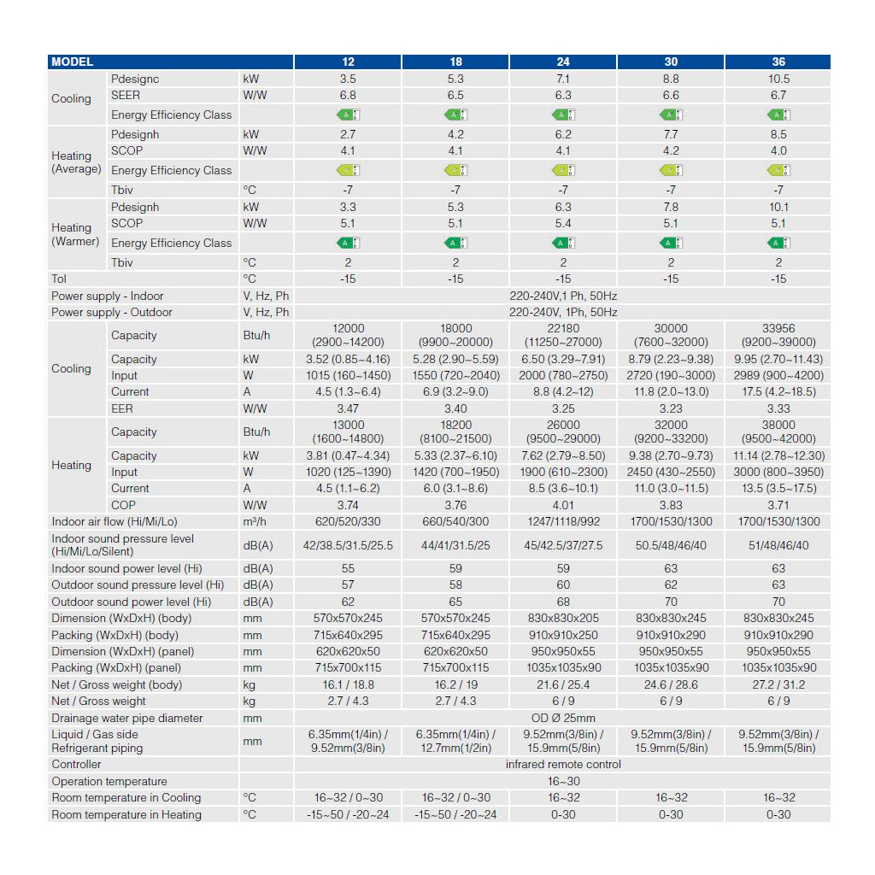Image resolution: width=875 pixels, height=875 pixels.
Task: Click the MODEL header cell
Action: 73,62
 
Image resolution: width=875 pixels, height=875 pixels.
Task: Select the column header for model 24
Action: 563,62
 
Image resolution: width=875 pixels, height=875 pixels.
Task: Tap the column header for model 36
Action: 778,62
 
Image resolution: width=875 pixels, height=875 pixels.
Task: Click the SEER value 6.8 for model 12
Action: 348,95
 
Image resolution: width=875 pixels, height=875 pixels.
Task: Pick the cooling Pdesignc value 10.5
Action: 778,79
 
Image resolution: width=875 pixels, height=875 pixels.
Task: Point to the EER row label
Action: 122,408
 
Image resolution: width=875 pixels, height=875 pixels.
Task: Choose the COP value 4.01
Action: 563,505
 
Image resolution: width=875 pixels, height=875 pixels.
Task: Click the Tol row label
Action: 59,279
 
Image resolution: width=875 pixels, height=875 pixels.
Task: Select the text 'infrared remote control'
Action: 563,764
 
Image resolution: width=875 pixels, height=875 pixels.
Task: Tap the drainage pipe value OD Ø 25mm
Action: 563,718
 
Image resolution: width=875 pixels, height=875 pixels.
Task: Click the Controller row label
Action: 76,764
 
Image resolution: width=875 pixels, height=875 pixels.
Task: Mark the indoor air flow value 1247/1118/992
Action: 563,521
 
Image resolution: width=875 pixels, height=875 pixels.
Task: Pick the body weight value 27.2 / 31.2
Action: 778,684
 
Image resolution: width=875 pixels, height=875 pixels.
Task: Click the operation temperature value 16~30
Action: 563,781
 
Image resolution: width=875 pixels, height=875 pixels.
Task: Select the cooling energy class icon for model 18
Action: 455,115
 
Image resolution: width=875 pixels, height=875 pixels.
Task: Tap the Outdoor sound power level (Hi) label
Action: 131,602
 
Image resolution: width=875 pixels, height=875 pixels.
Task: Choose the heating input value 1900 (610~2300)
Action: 563,472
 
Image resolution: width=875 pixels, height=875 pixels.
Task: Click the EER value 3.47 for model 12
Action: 348,408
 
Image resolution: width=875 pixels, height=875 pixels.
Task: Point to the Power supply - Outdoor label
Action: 111,312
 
